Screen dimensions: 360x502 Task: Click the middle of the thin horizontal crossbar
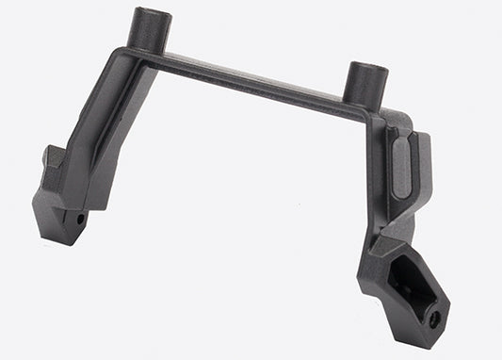pos(254,79)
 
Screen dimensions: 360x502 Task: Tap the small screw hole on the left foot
pos(80,219)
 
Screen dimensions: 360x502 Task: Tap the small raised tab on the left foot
pos(54,156)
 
